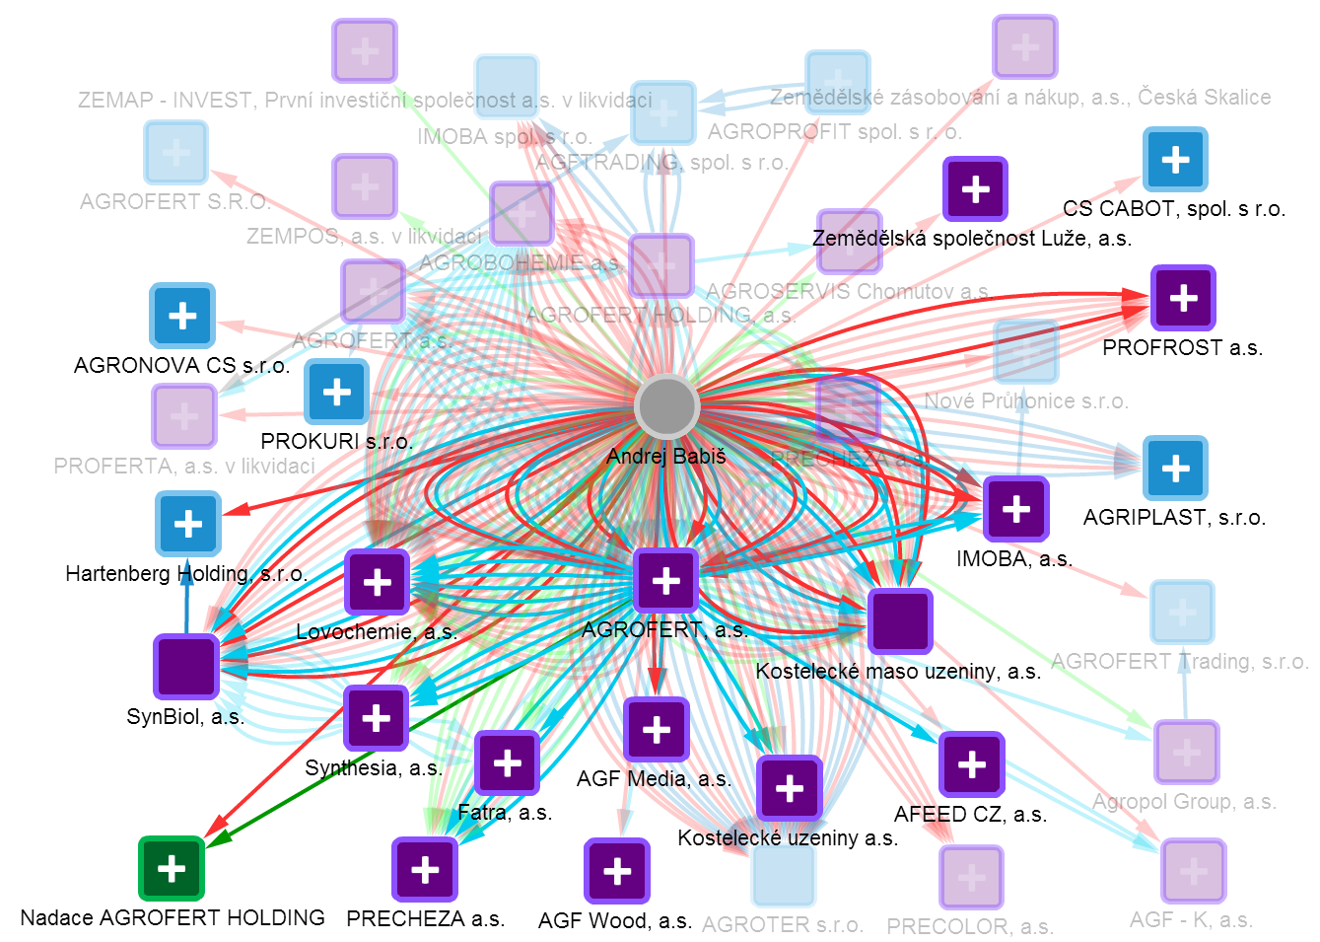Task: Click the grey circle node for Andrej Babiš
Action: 666,405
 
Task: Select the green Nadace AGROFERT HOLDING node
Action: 172,868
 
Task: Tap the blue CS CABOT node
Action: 1175,159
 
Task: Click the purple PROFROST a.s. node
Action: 1183,298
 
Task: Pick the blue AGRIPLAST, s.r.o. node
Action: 1175,468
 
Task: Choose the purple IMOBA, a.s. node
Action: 1015,509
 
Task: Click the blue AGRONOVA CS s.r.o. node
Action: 182,316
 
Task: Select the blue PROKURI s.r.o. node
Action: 337,392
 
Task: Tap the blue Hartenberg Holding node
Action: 188,524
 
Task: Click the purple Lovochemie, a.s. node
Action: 377,582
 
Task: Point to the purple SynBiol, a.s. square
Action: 186,666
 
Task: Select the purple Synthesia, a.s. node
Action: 376,718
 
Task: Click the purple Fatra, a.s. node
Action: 507,762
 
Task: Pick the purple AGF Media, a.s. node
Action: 657,730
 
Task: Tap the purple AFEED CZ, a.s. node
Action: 971,764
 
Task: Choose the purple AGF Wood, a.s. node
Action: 617,871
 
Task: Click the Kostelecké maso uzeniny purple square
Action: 900,621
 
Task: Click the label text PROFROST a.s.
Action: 1182,347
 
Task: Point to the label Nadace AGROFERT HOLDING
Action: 173,917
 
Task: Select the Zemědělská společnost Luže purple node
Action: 975,188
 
